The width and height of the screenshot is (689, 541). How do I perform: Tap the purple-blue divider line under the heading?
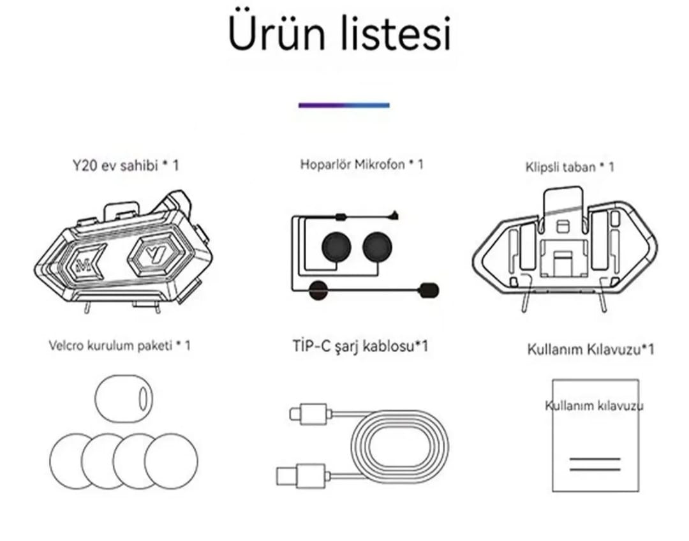tap(344, 105)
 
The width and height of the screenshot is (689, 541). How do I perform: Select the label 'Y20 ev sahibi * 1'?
tap(125, 166)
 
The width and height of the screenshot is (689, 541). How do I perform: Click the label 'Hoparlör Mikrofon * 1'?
tap(362, 165)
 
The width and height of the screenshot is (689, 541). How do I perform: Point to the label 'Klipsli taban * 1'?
tap(570, 167)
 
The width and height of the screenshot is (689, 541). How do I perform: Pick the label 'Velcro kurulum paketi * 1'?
tap(119, 346)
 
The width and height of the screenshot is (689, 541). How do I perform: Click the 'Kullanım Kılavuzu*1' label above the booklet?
tap(590, 349)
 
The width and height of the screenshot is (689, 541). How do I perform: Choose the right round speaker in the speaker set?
tap(379, 246)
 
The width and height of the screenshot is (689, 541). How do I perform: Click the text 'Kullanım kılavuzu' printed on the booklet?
tap(593, 406)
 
